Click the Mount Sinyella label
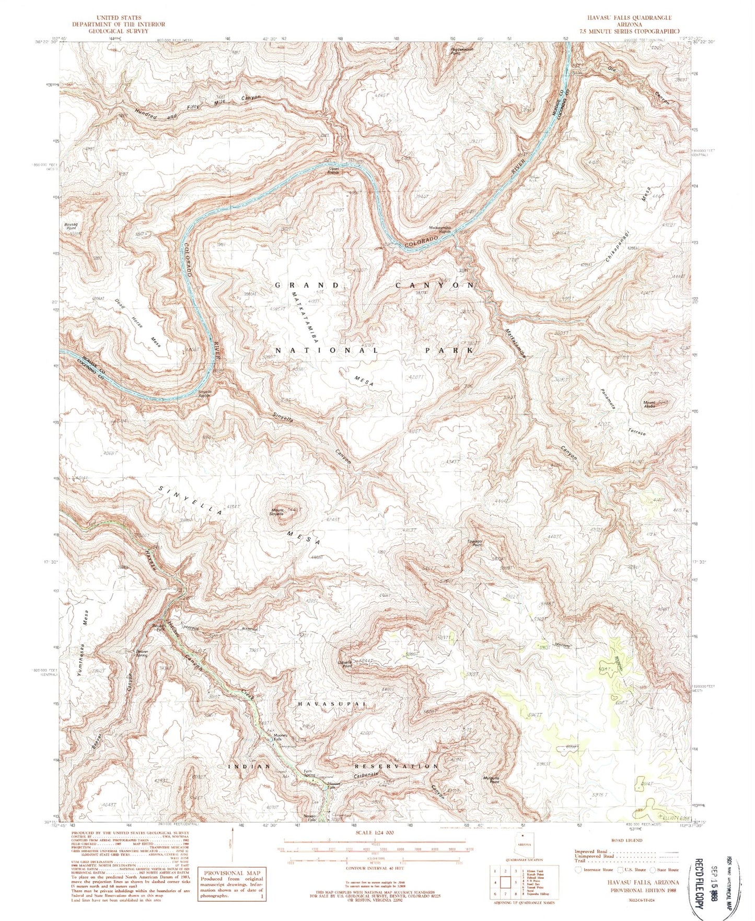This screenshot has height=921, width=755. coord(277,512)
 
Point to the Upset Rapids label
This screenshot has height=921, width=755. coord(333,170)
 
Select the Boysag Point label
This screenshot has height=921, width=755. coord(71,226)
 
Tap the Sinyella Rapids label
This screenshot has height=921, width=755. coord(204,393)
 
